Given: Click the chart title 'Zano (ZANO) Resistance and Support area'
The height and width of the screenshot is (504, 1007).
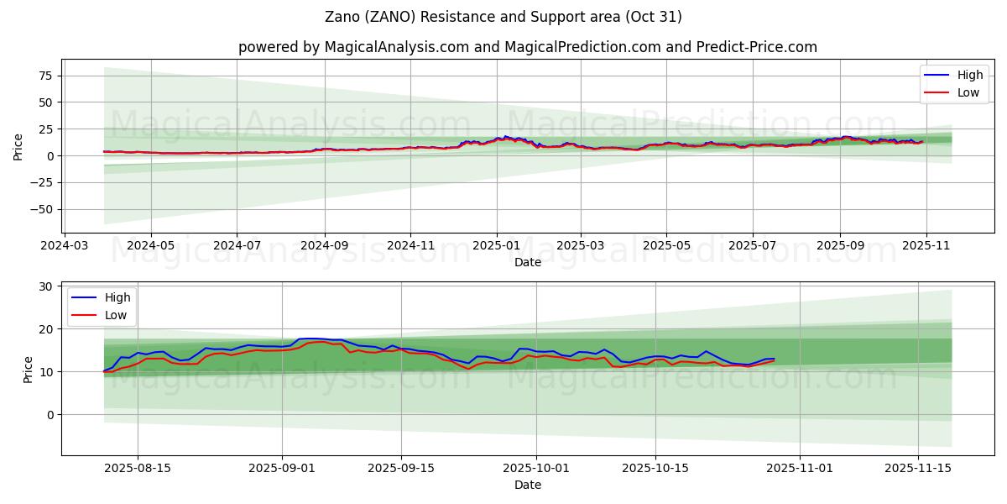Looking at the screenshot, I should click(x=503, y=17).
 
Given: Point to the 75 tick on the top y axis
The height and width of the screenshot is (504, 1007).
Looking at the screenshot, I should click(x=45, y=76).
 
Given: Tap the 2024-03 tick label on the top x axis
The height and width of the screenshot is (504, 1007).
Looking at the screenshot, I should click(x=65, y=246).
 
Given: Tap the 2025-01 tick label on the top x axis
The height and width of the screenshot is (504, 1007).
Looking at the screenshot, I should click(x=496, y=246).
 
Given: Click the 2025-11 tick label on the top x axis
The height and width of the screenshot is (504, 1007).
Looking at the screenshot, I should click(x=926, y=246).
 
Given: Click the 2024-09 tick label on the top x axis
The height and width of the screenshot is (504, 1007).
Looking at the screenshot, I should click(x=324, y=246).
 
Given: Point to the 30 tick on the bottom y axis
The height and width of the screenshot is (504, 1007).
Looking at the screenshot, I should click(x=47, y=286).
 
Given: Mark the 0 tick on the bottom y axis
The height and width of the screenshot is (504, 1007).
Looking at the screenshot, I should click(x=50, y=415).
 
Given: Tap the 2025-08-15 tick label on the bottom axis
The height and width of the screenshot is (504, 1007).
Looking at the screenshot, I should click(x=138, y=469).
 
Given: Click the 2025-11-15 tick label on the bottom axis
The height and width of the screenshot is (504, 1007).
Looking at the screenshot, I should click(x=918, y=469).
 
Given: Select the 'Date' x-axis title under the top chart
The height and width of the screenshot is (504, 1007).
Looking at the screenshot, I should click(x=527, y=262).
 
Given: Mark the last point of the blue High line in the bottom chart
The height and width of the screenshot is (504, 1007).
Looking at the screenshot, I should click(x=774, y=359).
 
